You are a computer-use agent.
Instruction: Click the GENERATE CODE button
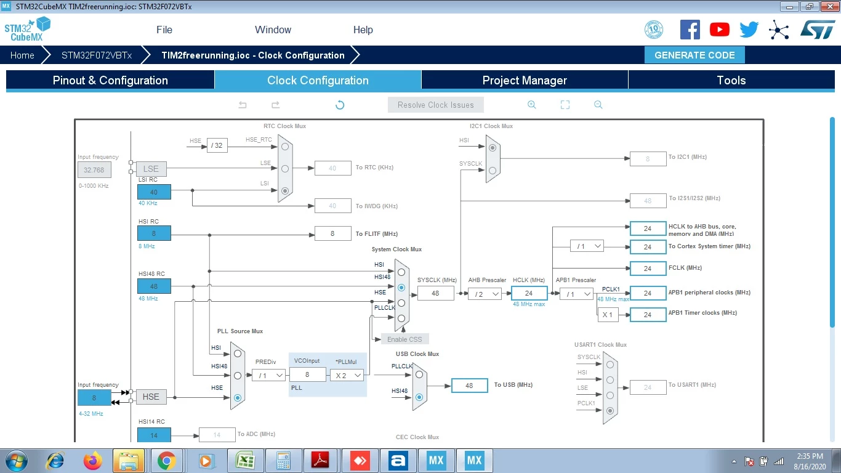click(x=694, y=55)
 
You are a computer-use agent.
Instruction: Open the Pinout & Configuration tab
click(x=110, y=80)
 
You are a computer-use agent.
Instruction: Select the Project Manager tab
click(x=525, y=80)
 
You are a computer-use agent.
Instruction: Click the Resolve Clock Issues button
click(x=435, y=105)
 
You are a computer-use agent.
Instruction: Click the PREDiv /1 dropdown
click(x=269, y=375)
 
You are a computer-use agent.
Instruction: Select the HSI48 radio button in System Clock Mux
click(x=401, y=288)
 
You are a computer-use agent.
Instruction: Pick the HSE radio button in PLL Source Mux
click(x=238, y=397)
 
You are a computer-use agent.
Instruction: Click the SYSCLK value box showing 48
click(x=435, y=293)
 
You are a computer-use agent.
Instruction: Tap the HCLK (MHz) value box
click(x=529, y=293)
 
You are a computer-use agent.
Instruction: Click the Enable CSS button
click(x=404, y=339)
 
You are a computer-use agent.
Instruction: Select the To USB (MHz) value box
click(x=469, y=386)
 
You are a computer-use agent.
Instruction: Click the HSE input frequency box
click(x=94, y=397)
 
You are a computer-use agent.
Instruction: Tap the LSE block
click(x=151, y=169)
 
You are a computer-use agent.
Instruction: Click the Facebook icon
click(x=690, y=30)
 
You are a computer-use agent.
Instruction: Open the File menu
click(x=164, y=30)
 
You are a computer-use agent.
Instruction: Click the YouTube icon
click(x=719, y=30)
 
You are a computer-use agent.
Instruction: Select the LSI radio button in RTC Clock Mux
click(x=285, y=191)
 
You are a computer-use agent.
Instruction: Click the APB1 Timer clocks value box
click(x=648, y=315)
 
